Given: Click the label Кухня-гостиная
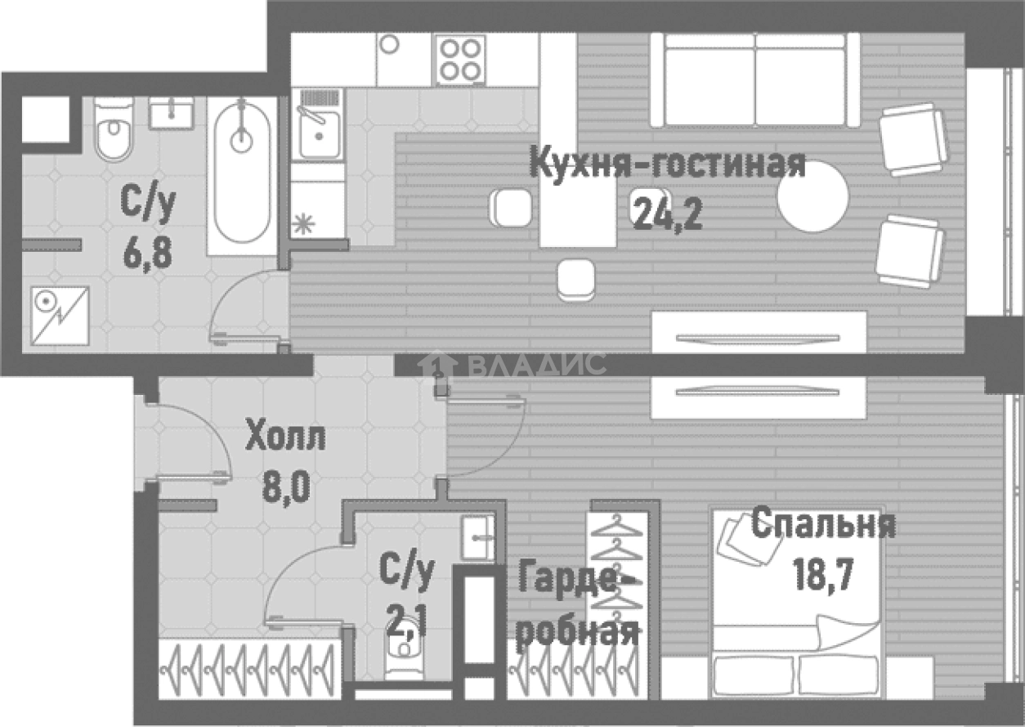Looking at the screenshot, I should pyautogui.click(x=667, y=164).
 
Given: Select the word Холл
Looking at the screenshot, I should pyautogui.click(x=285, y=438).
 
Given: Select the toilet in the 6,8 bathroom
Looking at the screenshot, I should pyautogui.click(x=113, y=131).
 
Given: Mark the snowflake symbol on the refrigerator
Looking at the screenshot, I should pyautogui.click(x=304, y=223).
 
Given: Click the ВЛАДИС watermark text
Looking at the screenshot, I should pyautogui.click(x=535, y=364).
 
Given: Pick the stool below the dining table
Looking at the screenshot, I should pyautogui.click(x=575, y=278).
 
